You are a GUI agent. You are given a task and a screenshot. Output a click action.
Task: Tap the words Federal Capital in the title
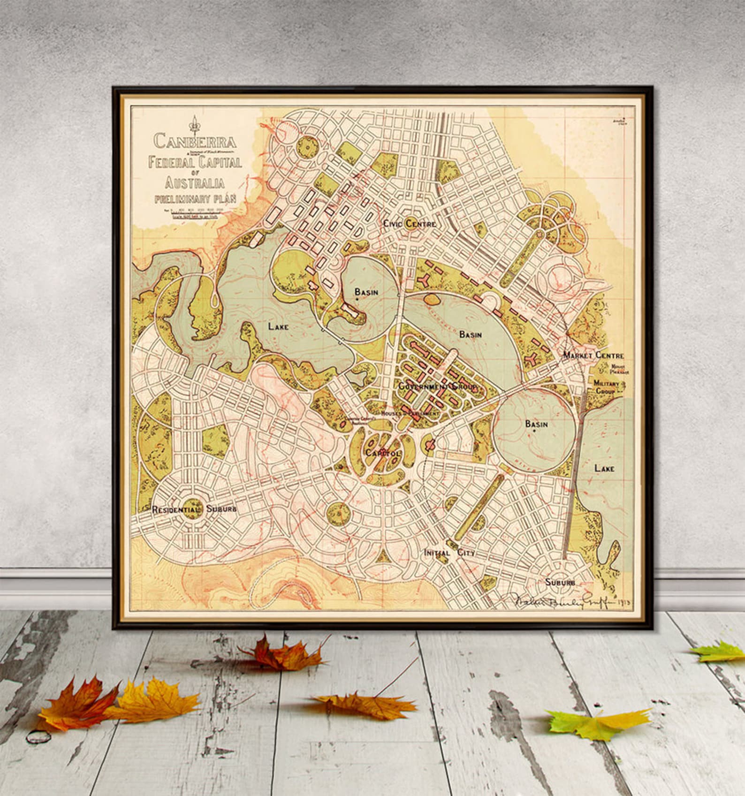[x=195, y=162]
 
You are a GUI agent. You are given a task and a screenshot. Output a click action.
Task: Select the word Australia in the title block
[x=194, y=182]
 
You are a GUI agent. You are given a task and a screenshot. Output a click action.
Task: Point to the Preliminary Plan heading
[x=195, y=198]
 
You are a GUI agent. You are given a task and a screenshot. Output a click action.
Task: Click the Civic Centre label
[x=410, y=224]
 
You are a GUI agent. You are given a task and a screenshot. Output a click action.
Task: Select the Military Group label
[x=606, y=387]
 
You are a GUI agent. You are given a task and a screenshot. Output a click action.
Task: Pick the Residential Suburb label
[x=194, y=509]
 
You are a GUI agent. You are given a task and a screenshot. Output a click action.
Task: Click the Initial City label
[x=449, y=553]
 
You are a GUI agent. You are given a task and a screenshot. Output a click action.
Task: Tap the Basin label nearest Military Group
[x=536, y=424]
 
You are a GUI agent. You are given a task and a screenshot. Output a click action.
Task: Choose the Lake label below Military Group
[x=604, y=468]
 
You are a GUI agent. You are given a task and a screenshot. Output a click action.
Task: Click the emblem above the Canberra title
[x=193, y=123]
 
